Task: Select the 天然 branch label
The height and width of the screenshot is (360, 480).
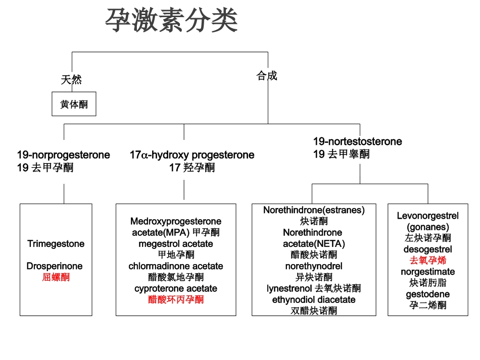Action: (x=72, y=80)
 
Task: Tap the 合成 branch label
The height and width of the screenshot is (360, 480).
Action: (x=267, y=76)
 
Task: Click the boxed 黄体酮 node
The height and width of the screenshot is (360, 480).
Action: (x=74, y=104)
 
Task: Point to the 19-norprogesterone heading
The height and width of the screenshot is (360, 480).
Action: (x=64, y=155)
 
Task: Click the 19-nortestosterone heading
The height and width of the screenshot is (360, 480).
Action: (x=358, y=141)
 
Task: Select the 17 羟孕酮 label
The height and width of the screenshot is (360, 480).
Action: (x=192, y=168)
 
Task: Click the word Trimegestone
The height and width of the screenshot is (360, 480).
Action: (x=56, y=244)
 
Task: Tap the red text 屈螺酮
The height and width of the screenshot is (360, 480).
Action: (x=56, y=277)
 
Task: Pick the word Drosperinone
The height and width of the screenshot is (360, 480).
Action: (x=55, y=266)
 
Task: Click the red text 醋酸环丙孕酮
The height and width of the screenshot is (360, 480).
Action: (x=176, y=299)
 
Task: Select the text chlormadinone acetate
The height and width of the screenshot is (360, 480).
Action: (x=176, y=266)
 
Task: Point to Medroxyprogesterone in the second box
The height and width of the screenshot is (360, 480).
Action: (x=176, y=222)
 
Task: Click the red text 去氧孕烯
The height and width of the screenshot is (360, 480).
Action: (x=427, y=261)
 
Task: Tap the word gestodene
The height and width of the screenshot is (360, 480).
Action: (x=427, y=294)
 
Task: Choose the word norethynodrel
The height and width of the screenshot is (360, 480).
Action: (x=314, y=266)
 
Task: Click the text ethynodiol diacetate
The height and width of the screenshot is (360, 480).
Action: (x=314, y=299)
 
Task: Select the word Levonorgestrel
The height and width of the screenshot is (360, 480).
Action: (x=427, y=216)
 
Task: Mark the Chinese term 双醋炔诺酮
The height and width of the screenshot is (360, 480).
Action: (x=314, y=311)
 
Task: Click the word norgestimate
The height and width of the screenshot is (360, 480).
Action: (x=427, y=272)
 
